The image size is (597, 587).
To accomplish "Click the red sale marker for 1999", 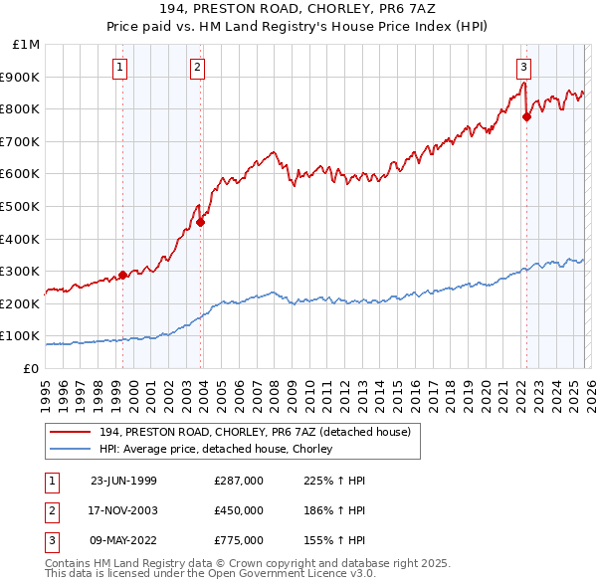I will tap(123, 275).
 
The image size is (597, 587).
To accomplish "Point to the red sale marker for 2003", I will tap(201, 222).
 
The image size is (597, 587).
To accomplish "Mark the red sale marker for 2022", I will tap(526, 116).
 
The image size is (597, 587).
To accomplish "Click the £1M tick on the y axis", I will tap(27, 45).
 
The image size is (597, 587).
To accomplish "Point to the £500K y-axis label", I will tap(21, 206).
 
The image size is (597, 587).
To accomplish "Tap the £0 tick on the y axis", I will tap(31, 368).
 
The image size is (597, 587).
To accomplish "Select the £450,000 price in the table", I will tap(239, 510).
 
